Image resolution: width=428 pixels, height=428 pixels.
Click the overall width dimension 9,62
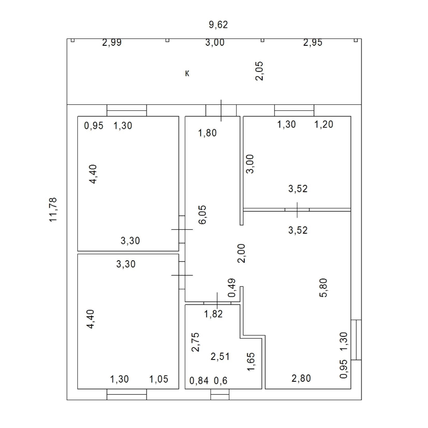pos(218,25)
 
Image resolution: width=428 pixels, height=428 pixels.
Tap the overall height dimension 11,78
pos(53,209)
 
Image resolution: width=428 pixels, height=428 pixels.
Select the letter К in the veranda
pos(187,74)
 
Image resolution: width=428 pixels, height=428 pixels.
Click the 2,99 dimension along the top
pos(112,42)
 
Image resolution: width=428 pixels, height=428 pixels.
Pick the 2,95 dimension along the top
pos(313,42)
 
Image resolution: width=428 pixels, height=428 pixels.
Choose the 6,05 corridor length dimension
pos(202,214)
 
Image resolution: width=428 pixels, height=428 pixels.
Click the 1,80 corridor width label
pos(207,133)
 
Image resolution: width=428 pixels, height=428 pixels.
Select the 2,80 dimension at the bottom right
pos(301,378)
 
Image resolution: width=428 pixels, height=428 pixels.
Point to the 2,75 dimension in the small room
pos(196,342)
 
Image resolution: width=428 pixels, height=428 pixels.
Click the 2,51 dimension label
pos(220,357)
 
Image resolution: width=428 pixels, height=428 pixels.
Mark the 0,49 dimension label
pos(232,288)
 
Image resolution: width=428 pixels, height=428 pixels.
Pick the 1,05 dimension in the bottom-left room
pos(159,379)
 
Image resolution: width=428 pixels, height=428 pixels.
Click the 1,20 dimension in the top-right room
pos(324,125)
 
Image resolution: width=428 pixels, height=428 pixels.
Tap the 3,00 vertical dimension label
pos(250,164)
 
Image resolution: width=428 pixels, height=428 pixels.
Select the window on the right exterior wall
pos(356,340)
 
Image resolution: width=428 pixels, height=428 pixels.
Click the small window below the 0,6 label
pos(220,395)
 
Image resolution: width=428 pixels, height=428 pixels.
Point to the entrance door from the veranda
pos(221,110)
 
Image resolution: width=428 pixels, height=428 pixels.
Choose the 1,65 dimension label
pos(250,362)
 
